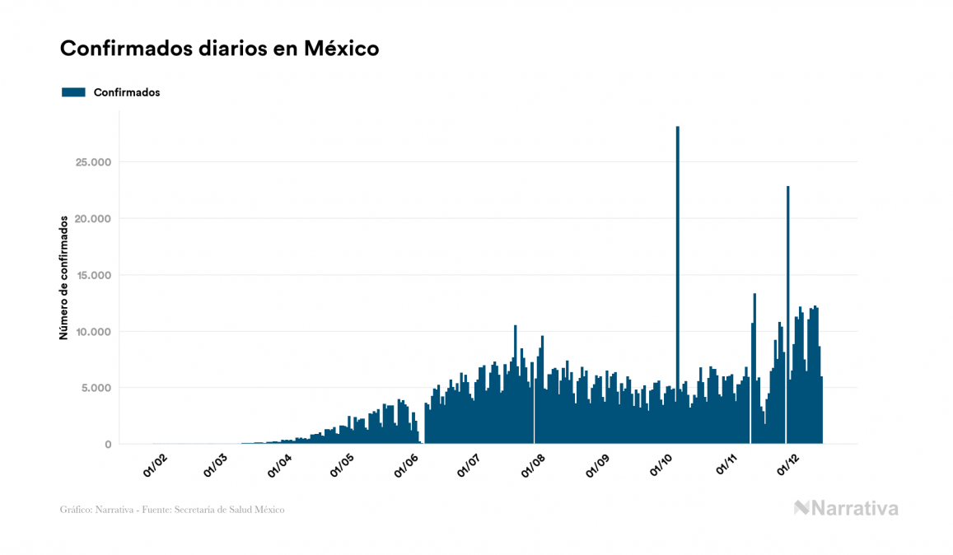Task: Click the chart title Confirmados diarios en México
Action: coord(219,49)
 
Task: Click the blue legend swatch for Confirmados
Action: coord(73,92)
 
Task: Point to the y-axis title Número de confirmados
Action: coord(63,278)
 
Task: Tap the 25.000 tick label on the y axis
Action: coord(92,162)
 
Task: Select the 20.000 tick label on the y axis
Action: coord(92,219)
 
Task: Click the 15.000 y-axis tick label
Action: coord(92,275)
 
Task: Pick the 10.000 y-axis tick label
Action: coord(92,332)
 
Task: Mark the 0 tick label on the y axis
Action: coord(107,445)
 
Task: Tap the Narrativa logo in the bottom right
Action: coord(846,508)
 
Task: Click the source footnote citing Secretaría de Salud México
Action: coord(172,510)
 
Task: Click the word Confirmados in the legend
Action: coord(127,92)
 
